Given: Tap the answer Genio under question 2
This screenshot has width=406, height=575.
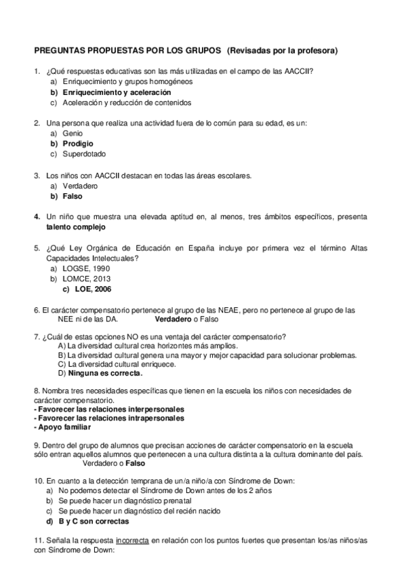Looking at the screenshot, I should [x=72, y=134].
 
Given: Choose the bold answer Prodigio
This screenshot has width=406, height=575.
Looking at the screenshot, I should [x=77, y=144].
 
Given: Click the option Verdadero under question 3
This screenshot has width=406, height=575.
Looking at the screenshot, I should [x=79, y=186].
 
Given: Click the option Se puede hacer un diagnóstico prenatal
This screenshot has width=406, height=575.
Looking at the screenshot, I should [x=119, y=501].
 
